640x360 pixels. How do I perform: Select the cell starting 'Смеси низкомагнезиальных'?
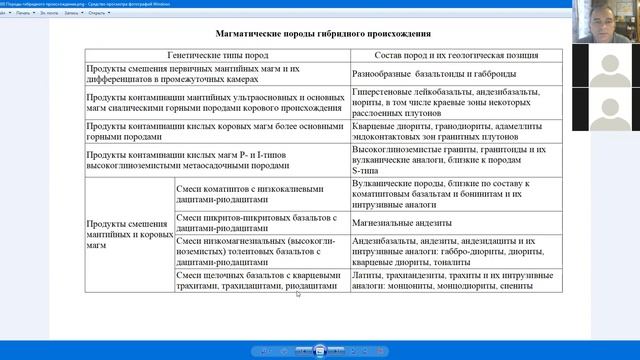(x=260, y=250)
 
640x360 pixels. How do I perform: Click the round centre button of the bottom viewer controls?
(x=319, y=350)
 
